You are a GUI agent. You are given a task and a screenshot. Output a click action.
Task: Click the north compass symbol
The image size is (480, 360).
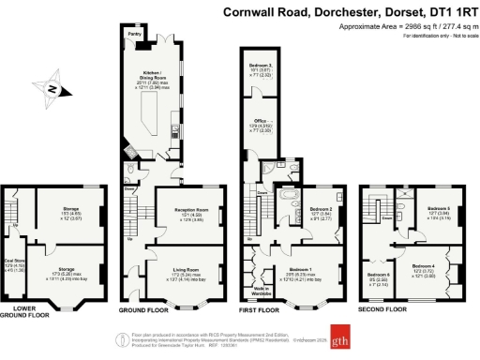(55, 89)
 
